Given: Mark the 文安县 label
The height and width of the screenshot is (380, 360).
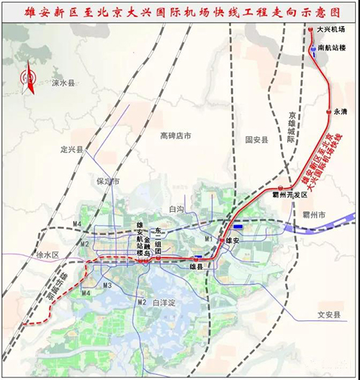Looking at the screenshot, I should click(x=328, y=314).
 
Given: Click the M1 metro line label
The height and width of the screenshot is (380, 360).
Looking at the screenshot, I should click(x=209, y=238).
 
